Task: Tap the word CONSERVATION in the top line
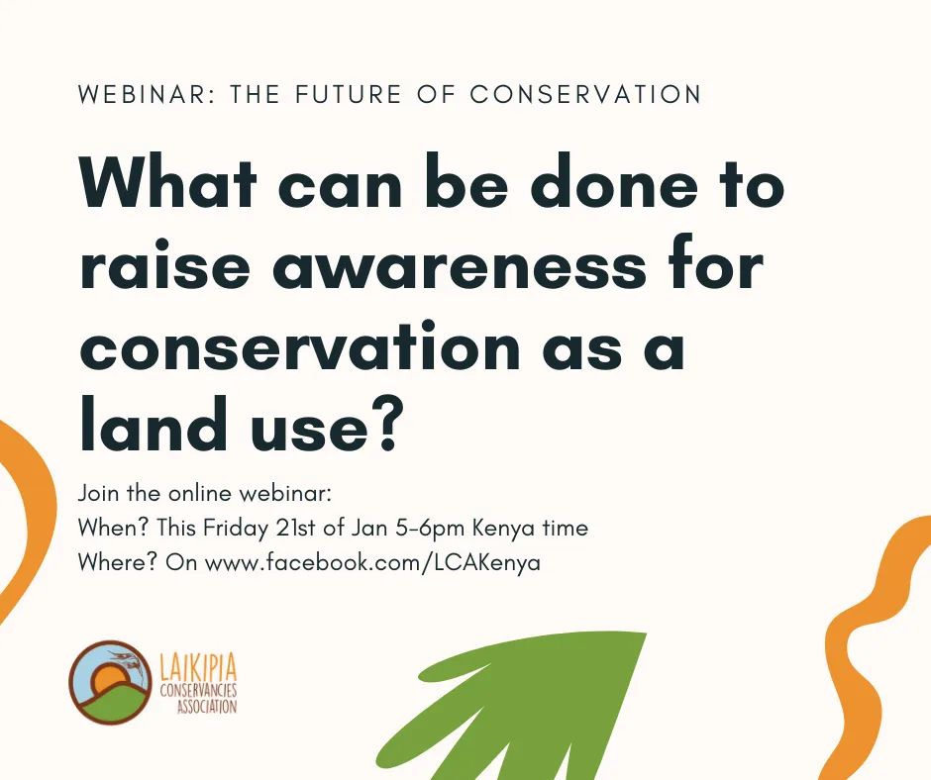[585, 95]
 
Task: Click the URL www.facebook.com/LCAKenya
[372, 563]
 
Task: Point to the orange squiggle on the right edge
[872, 643]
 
